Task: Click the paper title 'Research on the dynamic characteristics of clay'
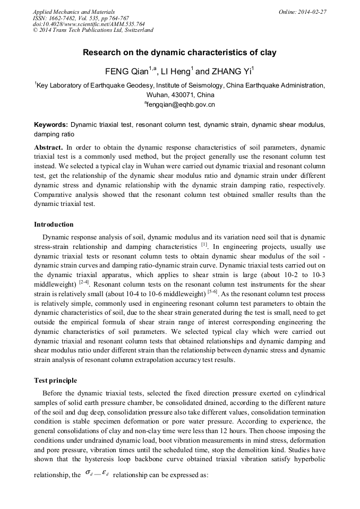pyautogui.click(x=179, y=53)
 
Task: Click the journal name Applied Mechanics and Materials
pyautogui.click(x=74, y=12)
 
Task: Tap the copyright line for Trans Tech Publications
pyautogui.click(x=93, y=30)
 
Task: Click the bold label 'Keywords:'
pyautogui.click(x=51, y=125)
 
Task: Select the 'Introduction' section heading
pyautogui.click(x=54, y=225)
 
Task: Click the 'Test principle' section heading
pyautogui.click(x=55, y=381)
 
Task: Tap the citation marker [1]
pyautogui.click(x=204, y=245)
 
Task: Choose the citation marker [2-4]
pyautogui.click(x=83, y=282)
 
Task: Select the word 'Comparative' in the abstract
pyautogui.click(x=55, y=195)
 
